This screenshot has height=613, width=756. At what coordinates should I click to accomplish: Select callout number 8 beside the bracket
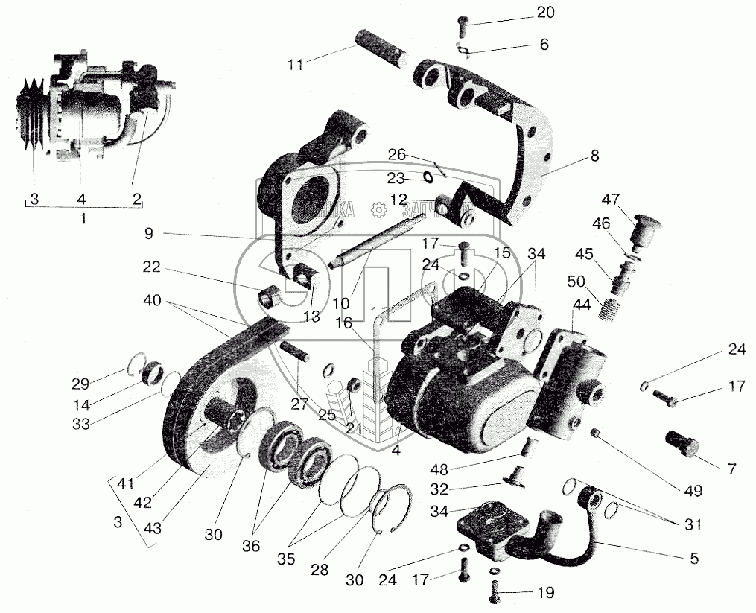click(x=593, y=156)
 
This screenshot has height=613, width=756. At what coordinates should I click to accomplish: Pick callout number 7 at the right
click(x=731, y=469)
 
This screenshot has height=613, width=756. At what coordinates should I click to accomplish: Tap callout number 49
click(x=693, y=492)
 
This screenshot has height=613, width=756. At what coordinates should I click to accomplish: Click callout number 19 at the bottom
click(x=546, y=594)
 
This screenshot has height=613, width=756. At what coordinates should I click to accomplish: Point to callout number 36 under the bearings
click(x=250, y=546)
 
